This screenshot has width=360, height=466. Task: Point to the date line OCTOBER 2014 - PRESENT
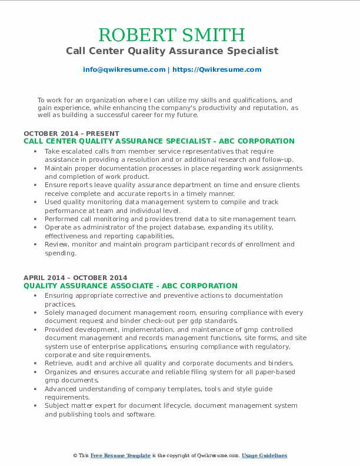71,134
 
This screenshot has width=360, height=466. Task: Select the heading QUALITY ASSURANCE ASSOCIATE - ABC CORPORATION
131,286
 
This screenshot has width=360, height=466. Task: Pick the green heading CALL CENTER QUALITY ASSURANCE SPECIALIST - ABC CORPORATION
159,141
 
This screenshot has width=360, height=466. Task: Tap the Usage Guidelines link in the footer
264,455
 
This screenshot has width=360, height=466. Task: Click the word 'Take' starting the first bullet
53,151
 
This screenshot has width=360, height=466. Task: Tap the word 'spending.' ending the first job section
61,253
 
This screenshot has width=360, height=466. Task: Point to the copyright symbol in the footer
75,455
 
